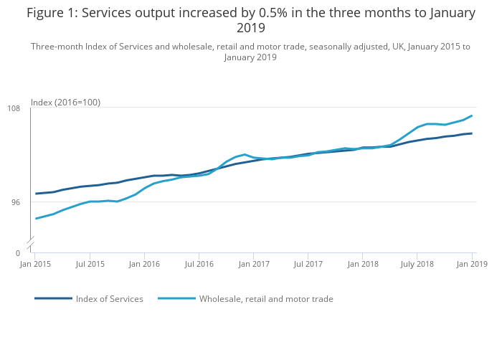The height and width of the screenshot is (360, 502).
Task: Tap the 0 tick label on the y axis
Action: click(x=18, y=253)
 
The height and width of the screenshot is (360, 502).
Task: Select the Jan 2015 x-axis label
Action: click(x=35, y=264)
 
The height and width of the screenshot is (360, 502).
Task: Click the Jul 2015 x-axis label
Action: click(x=90, y=264)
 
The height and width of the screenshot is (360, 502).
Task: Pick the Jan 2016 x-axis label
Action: click(x=144, y=264)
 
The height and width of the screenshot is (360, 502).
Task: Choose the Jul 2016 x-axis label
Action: click(x=199, y=264)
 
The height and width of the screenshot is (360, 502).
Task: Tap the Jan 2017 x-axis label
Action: click(x=254, y=264)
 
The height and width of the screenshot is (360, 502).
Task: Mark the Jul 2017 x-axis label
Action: click(x=308, y=264)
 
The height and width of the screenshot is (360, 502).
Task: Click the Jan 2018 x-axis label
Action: click(x=363, y=264)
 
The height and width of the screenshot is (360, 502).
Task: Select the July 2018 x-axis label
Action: click(x=417, y=264)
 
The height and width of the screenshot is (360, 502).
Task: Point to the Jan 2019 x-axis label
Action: click(x=472, y=264)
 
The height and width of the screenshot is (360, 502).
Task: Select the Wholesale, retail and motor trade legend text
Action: click(x=266, y=299)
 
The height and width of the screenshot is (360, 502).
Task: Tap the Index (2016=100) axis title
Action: click(x=65, y=103)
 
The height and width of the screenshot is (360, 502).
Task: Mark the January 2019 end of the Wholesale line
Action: click(x=472, y=115)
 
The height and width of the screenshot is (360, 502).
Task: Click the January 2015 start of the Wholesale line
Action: click(x=36, y=219)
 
